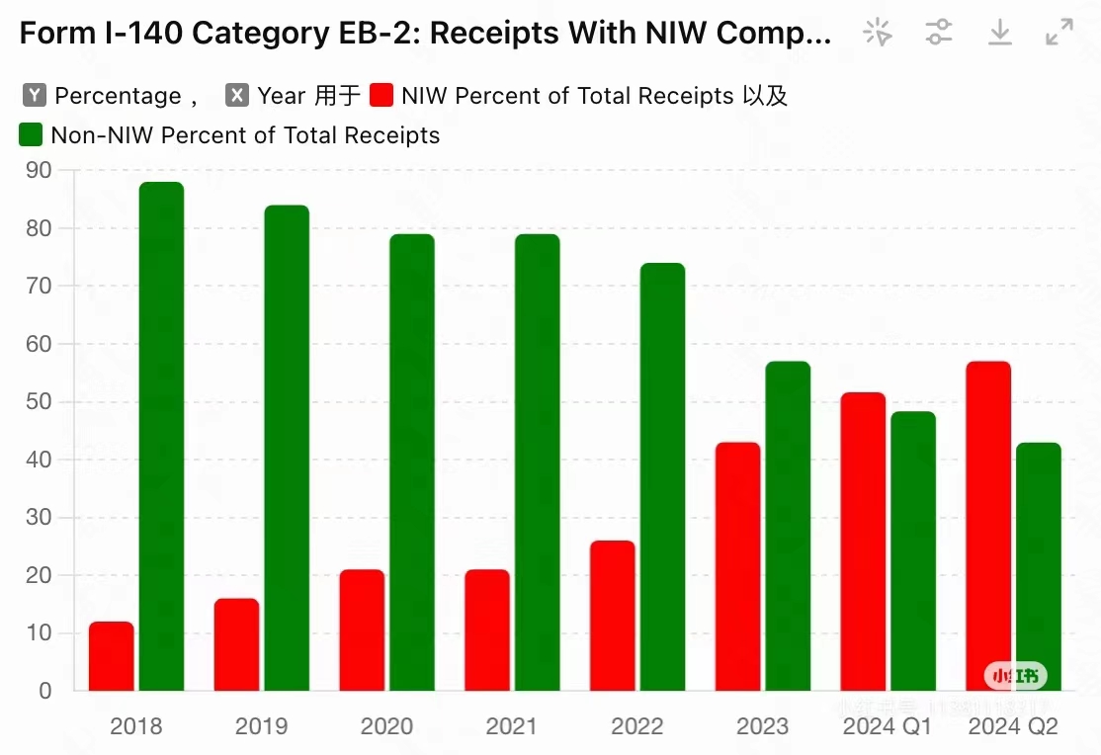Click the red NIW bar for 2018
click(x=111, y=656)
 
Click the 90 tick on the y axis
click(x=39, y=170)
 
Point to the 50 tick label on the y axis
click(x=39, y=402)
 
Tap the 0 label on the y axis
click(x=44, y=692)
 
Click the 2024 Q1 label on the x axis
click(x=887, y=727)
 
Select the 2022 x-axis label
click(x=636, y=727)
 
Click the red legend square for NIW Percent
click(x=382, y=96)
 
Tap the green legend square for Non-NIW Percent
click(x=31, y=135)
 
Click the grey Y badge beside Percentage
click(x=35, y=96)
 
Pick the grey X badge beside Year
click(x=237, y=96)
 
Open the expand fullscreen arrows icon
click(x=1059, y=32)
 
